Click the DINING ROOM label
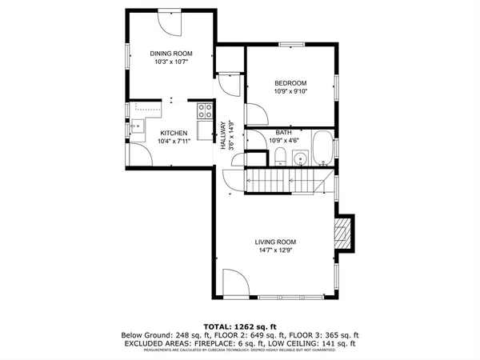[171, 54]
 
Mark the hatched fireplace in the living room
[343, 234]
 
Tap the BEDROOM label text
[291, 82]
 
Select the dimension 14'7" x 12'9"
[276, 251]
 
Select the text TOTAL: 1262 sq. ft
[240, 326]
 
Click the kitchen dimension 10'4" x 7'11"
[174, 142]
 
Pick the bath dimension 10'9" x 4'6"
[284, 141]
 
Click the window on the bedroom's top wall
[290, 43]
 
